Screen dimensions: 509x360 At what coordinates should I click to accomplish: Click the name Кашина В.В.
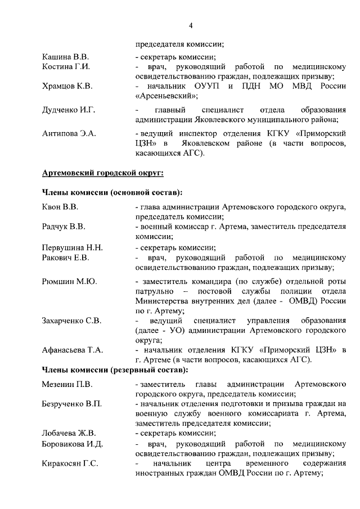coord(66,57)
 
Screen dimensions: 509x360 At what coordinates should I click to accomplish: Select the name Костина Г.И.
coord(67,67)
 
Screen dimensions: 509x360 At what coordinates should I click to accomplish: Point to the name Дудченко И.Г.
coord(68,109)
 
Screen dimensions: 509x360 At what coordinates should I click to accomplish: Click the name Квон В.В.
coord(60,206)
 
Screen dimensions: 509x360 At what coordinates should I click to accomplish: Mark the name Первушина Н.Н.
coord(73,247)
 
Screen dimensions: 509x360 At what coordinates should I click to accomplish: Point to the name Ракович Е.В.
coord(66,257)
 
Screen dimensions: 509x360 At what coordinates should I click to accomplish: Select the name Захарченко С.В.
coord(71,321)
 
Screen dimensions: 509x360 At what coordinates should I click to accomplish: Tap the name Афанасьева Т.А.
coord(73,350)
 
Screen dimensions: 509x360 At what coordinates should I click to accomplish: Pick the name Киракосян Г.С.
coord(70,463)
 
